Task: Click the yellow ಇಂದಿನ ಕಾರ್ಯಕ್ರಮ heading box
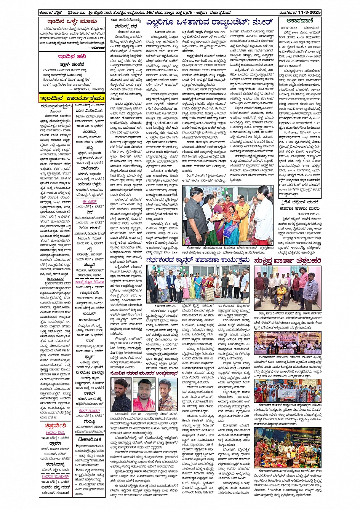pyautogui.click(x=72, y=98)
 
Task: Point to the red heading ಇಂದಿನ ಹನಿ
pyautogui.click(x=72, y=56)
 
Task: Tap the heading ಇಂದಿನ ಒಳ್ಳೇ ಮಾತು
pyautogui.click(x=72, y=22)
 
